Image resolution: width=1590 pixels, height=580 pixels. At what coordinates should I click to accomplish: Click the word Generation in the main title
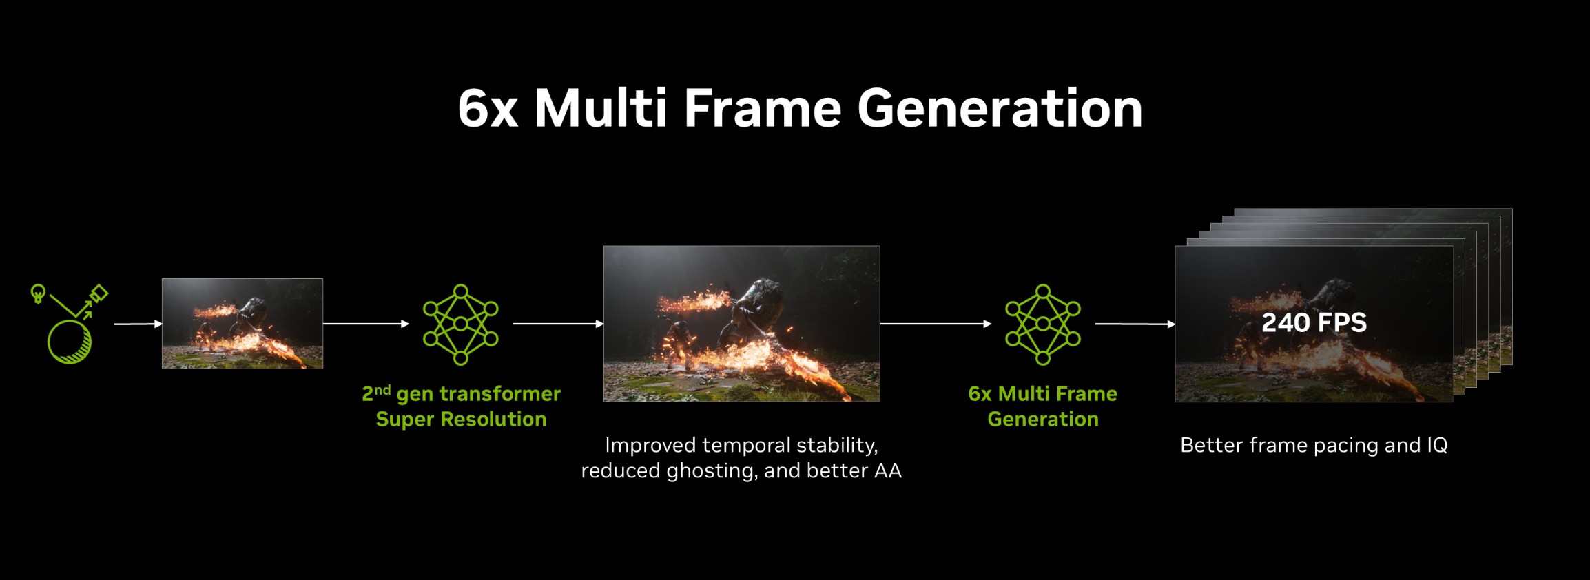(1000, 108)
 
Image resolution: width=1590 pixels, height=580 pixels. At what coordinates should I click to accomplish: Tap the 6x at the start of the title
(488, 108)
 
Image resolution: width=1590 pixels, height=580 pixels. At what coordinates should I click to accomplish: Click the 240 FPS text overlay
(1314, 322)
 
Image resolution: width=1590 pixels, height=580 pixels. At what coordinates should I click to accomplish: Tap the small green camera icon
(99, 293)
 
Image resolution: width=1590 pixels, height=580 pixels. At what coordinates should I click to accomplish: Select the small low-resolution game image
(242, 324)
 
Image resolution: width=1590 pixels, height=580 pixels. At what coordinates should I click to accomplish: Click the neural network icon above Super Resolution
(460, 324)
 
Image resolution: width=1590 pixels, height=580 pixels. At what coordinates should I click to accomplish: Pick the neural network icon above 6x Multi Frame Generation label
(1043, 324)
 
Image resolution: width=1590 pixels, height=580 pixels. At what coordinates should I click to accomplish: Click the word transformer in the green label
(500, 394)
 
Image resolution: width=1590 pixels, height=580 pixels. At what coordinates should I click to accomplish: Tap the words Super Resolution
(461, 420)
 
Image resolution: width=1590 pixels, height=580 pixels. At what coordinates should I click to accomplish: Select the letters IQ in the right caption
(1437, 446)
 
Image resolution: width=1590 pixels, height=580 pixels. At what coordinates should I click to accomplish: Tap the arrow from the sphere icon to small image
(138, 324)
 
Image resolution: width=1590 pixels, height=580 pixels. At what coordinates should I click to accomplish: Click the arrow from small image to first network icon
(366, 324)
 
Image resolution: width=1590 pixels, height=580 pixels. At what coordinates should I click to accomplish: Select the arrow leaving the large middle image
(936, 324)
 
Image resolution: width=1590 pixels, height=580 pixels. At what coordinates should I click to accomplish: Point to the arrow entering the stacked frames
(1135, 324)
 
